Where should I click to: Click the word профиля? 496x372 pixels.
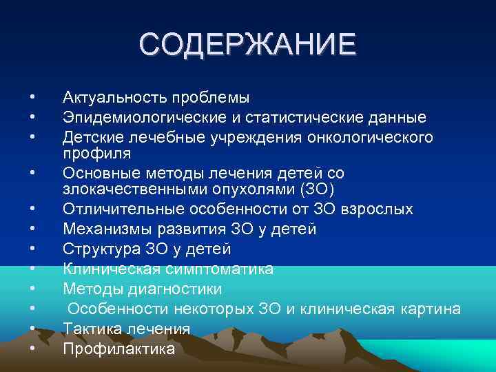(91, 152)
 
